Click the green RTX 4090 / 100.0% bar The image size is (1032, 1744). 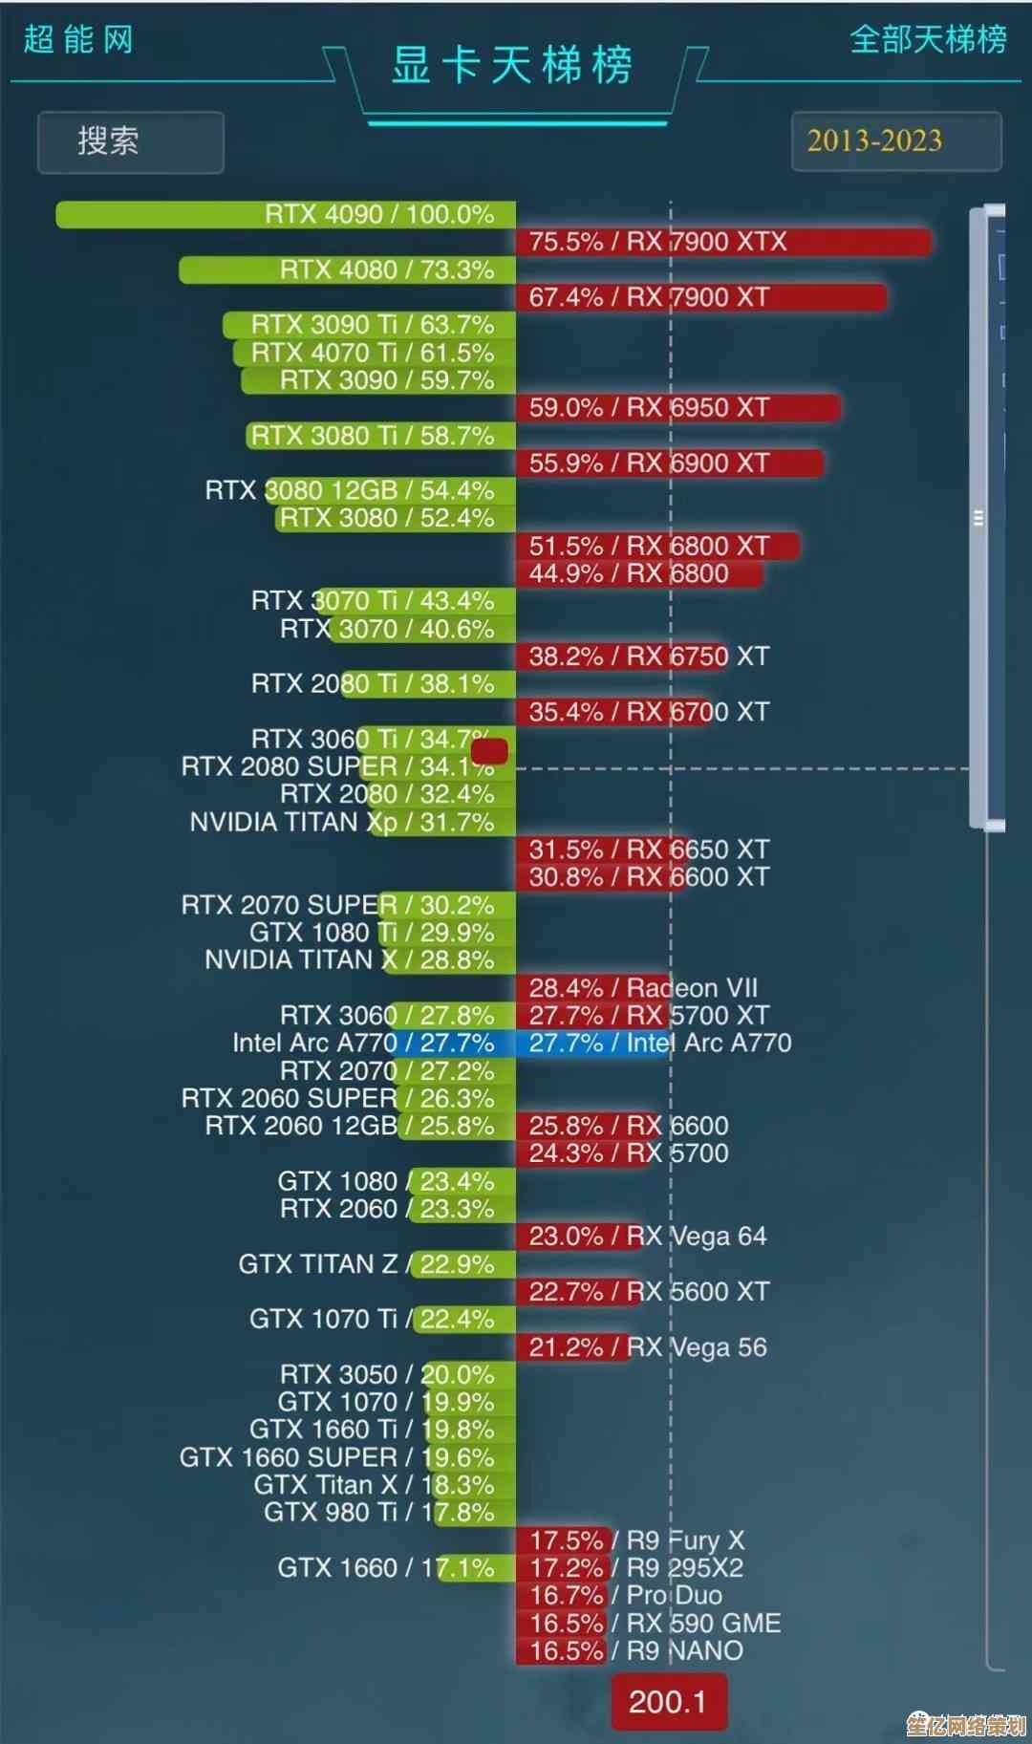(286, 214)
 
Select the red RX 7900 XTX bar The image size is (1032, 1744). (722, 242)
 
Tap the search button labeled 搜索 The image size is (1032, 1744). (130, 142)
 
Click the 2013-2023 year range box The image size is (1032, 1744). (895, 141)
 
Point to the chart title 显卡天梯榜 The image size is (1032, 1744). (512, 66)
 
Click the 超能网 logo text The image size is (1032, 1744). (78, 40)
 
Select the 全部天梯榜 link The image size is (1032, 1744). (928, 39)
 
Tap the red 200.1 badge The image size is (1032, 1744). (668, 1701)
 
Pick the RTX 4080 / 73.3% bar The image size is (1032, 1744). (347, 269)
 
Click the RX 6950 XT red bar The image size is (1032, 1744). (677, 408)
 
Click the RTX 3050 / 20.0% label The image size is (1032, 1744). (387, 1374)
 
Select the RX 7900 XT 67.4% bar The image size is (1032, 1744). (700, 297)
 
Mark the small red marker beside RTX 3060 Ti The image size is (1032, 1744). (489, 751)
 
